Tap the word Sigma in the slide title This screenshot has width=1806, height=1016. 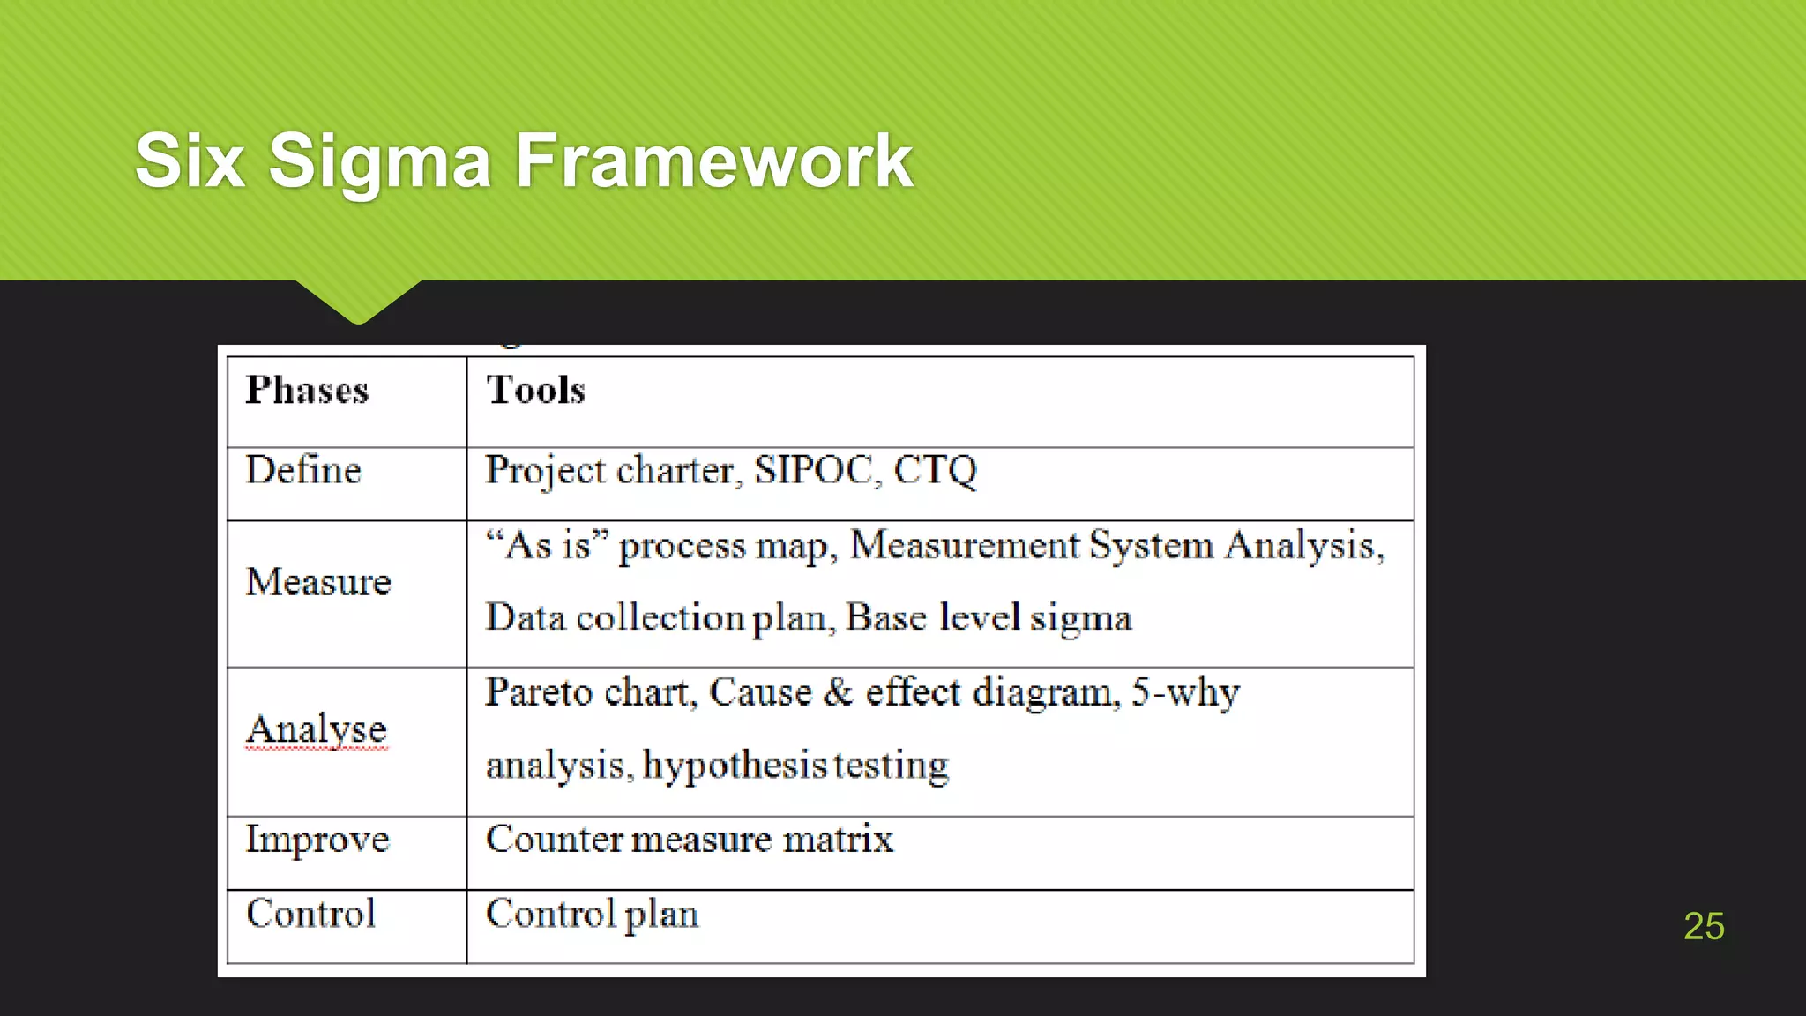(x=379, y=162)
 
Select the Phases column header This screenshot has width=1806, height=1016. (x=307, y=390)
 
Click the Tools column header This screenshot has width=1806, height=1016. (x=535, y=390)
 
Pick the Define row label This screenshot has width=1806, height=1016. (x=303, y=469)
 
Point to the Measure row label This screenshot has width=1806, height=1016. (x=318, y=582)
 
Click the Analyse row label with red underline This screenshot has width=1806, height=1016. (x=317, y=729)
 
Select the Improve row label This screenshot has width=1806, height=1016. (x=317, y=839)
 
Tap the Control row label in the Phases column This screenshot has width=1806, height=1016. (x=310, y=913)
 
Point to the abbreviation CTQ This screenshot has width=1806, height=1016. (x=935, y=470)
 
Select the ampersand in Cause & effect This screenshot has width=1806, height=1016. (x=838, y=691)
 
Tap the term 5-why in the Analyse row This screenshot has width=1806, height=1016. (x=1185, y=692)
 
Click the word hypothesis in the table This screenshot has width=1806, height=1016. (x=734, y=766)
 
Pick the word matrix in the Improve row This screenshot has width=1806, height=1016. (x=838, y=839)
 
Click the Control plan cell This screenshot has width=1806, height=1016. (x=592, y=914)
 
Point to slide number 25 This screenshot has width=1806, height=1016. (x=1703, y=926)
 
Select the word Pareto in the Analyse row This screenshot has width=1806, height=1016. (x=539, y=692)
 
